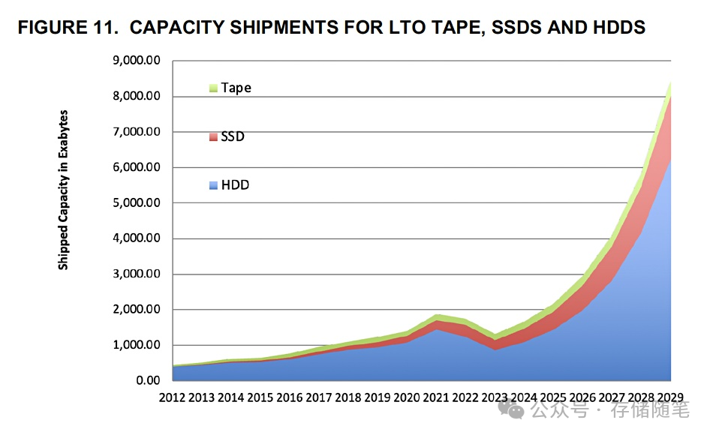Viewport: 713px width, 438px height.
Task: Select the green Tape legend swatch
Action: point(213,88)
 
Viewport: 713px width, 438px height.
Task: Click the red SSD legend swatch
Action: point(213,136)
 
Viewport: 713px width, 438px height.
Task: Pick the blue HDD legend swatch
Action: point(213,184)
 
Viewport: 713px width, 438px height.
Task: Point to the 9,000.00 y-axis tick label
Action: point(138,61)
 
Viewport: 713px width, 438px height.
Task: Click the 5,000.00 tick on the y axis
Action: point(138,203)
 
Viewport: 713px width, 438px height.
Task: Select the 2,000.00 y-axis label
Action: point(138,310)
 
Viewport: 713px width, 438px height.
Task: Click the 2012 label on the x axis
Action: point(173,398)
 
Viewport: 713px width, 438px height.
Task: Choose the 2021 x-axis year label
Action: point(436,398)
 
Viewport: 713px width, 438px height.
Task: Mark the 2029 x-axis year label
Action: point(671,398)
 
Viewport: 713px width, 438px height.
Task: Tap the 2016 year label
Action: point(290,398)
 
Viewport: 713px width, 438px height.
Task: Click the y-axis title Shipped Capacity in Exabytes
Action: point(64,190)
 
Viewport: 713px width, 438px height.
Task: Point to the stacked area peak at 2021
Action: point(438,316)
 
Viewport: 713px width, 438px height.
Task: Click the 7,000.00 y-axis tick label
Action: point(138,132)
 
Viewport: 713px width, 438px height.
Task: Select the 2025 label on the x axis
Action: point(553,398)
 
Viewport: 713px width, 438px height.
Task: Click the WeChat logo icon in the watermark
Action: point(516,409)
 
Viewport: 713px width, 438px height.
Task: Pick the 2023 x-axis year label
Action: point(495,398)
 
